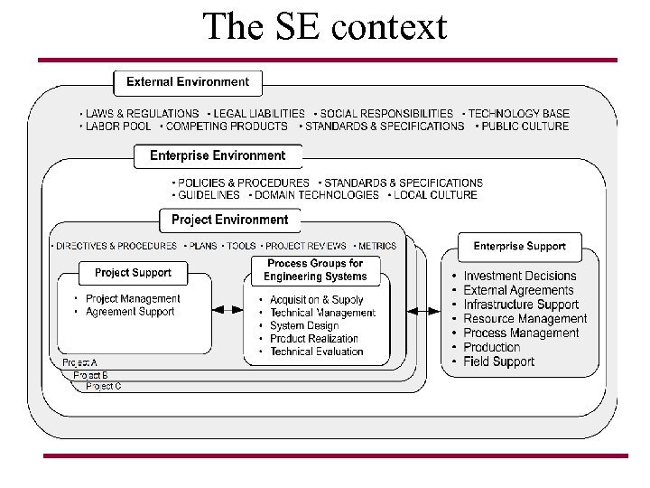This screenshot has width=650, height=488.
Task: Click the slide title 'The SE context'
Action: (324, 27)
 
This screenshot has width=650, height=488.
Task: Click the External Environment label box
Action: (188, 82)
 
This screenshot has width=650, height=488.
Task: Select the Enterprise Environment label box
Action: (218, 155)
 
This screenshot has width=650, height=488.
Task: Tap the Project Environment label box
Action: (229, 220)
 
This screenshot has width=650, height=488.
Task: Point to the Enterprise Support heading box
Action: (519, 246)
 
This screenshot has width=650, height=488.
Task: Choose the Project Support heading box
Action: (133, 272)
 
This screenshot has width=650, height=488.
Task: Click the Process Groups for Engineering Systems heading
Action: (315, 270)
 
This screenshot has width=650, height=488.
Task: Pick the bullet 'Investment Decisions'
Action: (519, 276)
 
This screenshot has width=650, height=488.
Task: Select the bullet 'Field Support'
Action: (498, 361)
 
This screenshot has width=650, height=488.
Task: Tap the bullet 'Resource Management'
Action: (525, 319)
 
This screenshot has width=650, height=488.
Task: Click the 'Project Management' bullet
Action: (133, 299)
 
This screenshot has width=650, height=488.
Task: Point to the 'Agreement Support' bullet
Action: (130, 312)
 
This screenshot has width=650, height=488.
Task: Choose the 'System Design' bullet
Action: (304, 325)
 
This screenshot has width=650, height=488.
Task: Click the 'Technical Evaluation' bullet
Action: (316, 352)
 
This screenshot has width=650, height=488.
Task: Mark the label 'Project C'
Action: (103, 386)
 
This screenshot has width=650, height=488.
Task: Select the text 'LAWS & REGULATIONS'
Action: (142, 114)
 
